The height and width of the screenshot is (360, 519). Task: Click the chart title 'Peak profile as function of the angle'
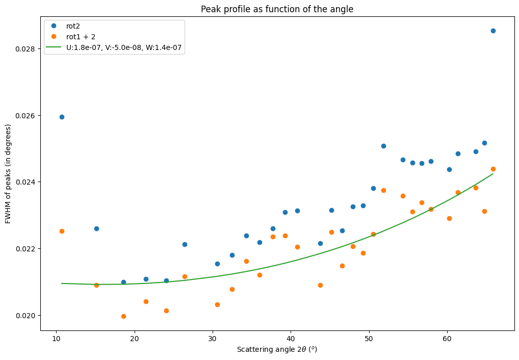tap(277, 9)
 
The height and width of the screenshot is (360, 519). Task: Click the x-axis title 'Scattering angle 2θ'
tap(277, 350)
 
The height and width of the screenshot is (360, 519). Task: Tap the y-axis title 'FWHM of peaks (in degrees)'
tap(8, 174)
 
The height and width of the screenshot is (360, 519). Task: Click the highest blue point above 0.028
tap(493, 31)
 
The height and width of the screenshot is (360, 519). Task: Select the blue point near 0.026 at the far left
tap(62, 117)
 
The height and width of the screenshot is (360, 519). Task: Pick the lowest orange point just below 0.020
tap(123, 316)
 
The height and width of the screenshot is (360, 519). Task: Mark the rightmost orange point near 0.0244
tap(493, 169)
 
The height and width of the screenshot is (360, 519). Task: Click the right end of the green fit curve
tap(493, 174)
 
